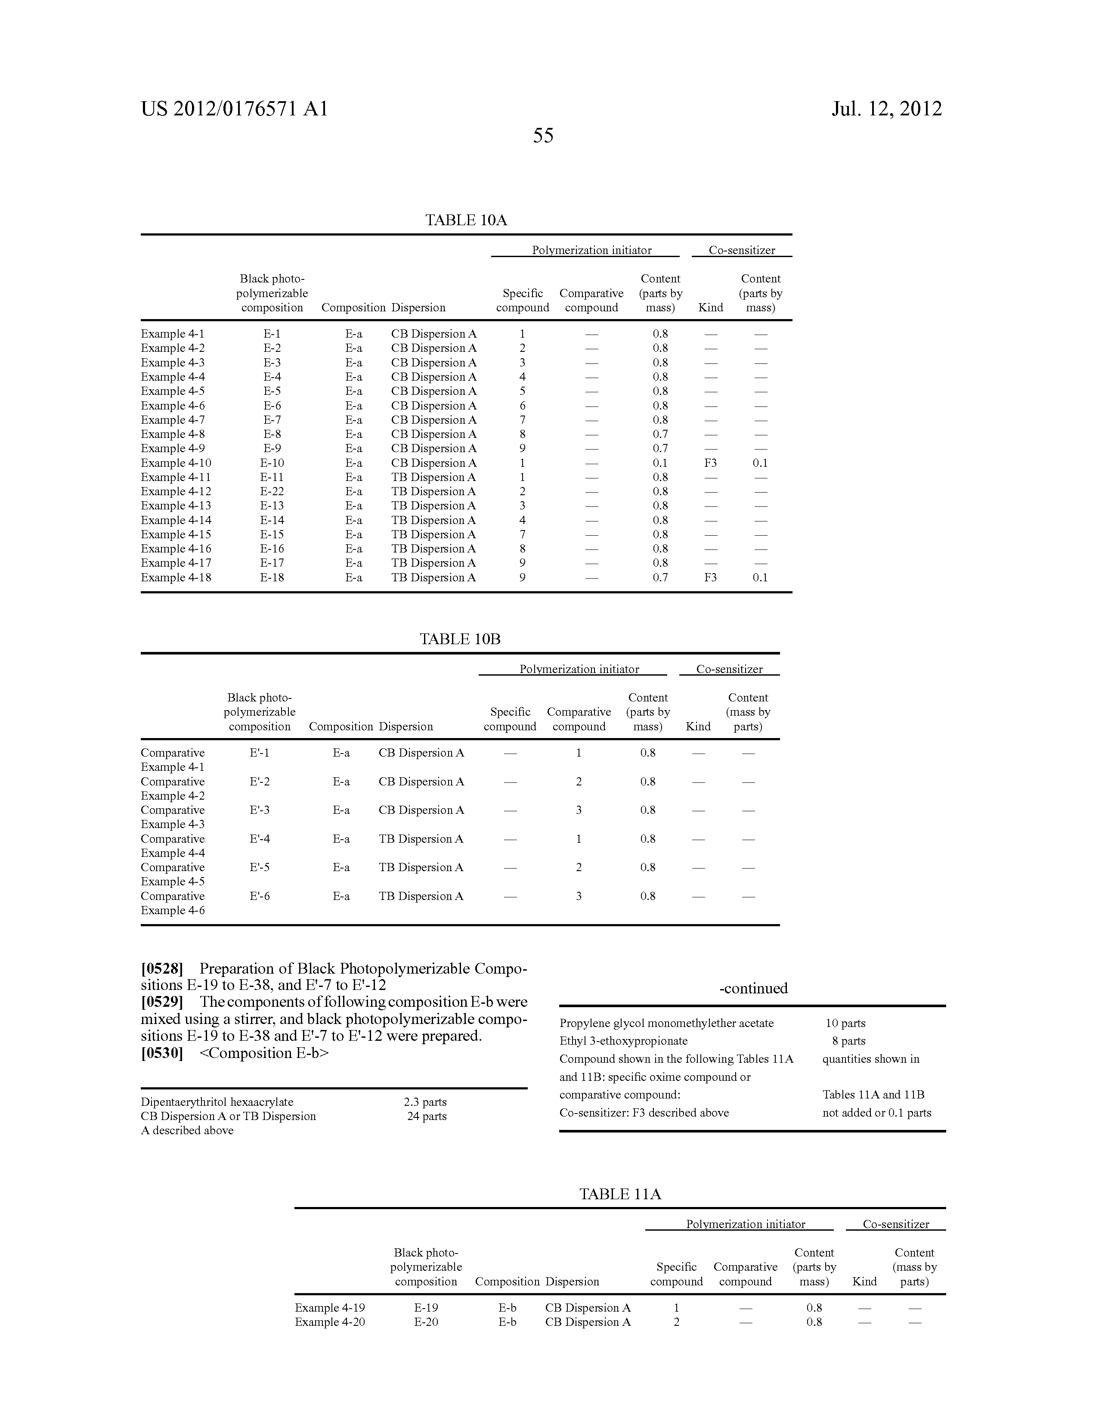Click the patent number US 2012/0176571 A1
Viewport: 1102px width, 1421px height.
point(234,109)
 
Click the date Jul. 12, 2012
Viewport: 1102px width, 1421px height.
point(886,109)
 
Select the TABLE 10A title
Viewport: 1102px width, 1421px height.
point(466,220)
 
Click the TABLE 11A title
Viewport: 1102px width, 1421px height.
point(620,1194)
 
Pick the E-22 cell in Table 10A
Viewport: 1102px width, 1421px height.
point(272,491)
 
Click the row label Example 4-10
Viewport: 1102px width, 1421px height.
point(176,462)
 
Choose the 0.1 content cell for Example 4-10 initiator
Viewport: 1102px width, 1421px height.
point(660,462)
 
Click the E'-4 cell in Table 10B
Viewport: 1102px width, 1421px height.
point(260,839)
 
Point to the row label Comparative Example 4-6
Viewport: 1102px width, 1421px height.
point(172,903)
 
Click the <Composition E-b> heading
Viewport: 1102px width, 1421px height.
point(263,1053)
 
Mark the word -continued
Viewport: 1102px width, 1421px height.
point(753,988)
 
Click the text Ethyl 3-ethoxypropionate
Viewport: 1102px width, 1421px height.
point(623,1041)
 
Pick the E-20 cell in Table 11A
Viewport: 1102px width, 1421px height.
point(426,1322)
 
